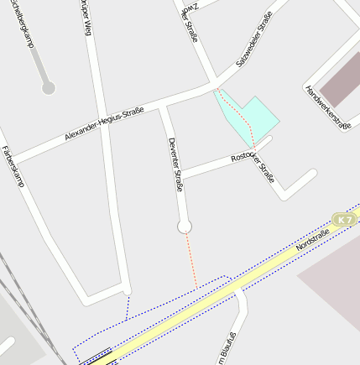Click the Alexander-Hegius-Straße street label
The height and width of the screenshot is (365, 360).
tap(104, 124)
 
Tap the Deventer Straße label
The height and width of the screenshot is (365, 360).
tap(175, 164)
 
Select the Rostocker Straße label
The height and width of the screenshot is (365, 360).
tap(253, 166)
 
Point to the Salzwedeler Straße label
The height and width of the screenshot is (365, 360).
tap(254, 44)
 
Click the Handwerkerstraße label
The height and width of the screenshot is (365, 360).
tap(327, 107)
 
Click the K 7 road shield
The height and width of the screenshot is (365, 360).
tap(344, 219)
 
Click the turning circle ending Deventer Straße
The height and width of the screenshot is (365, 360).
tap(185, 227)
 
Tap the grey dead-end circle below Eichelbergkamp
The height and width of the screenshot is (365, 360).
tap(49, 87)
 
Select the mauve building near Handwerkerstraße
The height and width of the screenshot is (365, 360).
tap(339, 80)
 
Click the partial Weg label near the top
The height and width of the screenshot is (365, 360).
tap(85, 17)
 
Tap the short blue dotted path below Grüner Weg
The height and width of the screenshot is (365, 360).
tap(128, 305)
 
